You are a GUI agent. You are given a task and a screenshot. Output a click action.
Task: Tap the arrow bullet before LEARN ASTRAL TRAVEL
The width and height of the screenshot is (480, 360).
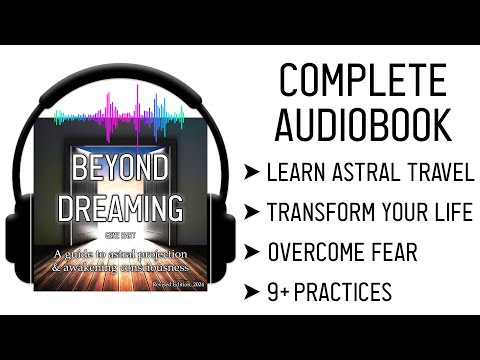click(x=251, y=173)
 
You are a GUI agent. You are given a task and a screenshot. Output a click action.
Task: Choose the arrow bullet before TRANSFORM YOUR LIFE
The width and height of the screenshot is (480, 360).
click(x=251, y=213)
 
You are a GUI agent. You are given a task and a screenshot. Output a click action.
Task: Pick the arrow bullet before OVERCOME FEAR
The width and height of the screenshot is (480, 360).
click(x=251, y=253)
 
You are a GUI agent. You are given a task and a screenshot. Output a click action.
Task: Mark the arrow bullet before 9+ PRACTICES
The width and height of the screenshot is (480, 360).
click(x=251, y=293)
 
